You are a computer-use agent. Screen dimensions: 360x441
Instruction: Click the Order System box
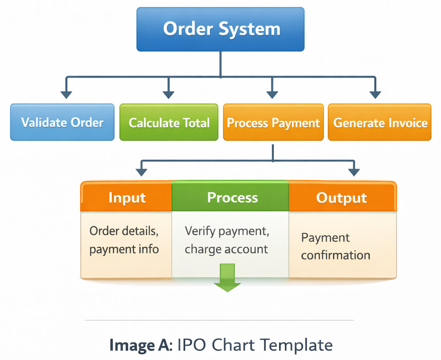220,29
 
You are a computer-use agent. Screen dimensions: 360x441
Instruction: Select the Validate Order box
62,122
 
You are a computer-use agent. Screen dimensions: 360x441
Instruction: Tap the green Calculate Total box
169,122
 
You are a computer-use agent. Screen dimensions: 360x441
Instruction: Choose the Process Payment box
273,122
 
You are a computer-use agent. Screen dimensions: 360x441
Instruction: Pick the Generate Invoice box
379,122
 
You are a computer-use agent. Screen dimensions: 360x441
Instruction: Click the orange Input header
127,197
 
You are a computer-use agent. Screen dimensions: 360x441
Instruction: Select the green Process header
230,197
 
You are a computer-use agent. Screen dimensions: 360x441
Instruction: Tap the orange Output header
342,197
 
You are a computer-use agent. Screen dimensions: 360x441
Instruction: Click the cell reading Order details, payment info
125,241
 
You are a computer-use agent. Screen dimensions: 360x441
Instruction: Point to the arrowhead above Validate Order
66,94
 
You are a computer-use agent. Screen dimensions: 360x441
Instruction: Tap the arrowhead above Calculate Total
169,94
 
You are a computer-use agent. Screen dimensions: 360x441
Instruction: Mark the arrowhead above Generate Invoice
375,94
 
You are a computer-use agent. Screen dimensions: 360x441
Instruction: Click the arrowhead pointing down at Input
142,172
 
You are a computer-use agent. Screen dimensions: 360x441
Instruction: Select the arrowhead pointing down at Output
354,172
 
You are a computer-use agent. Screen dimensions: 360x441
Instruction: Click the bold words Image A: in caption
141,345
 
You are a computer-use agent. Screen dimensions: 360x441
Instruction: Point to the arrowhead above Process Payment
272,94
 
